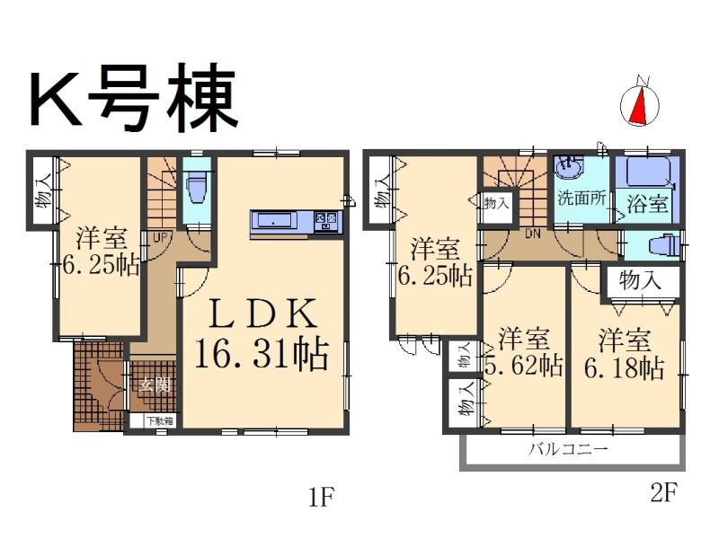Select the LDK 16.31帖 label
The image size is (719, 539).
[x=262, y=335]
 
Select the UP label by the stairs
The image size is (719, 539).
[x=159, y=237]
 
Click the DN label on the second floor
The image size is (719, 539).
[x=531, y=234]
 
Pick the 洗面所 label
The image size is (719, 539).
[x=581, y=199]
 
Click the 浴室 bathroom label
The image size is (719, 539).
[x=647, y=204]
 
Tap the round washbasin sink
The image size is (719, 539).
[x=568, y=168]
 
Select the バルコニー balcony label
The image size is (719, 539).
[x=568, y=448]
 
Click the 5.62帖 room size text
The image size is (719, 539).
[x=526, y=367]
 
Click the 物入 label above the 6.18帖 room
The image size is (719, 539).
[x=640, y=279]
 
